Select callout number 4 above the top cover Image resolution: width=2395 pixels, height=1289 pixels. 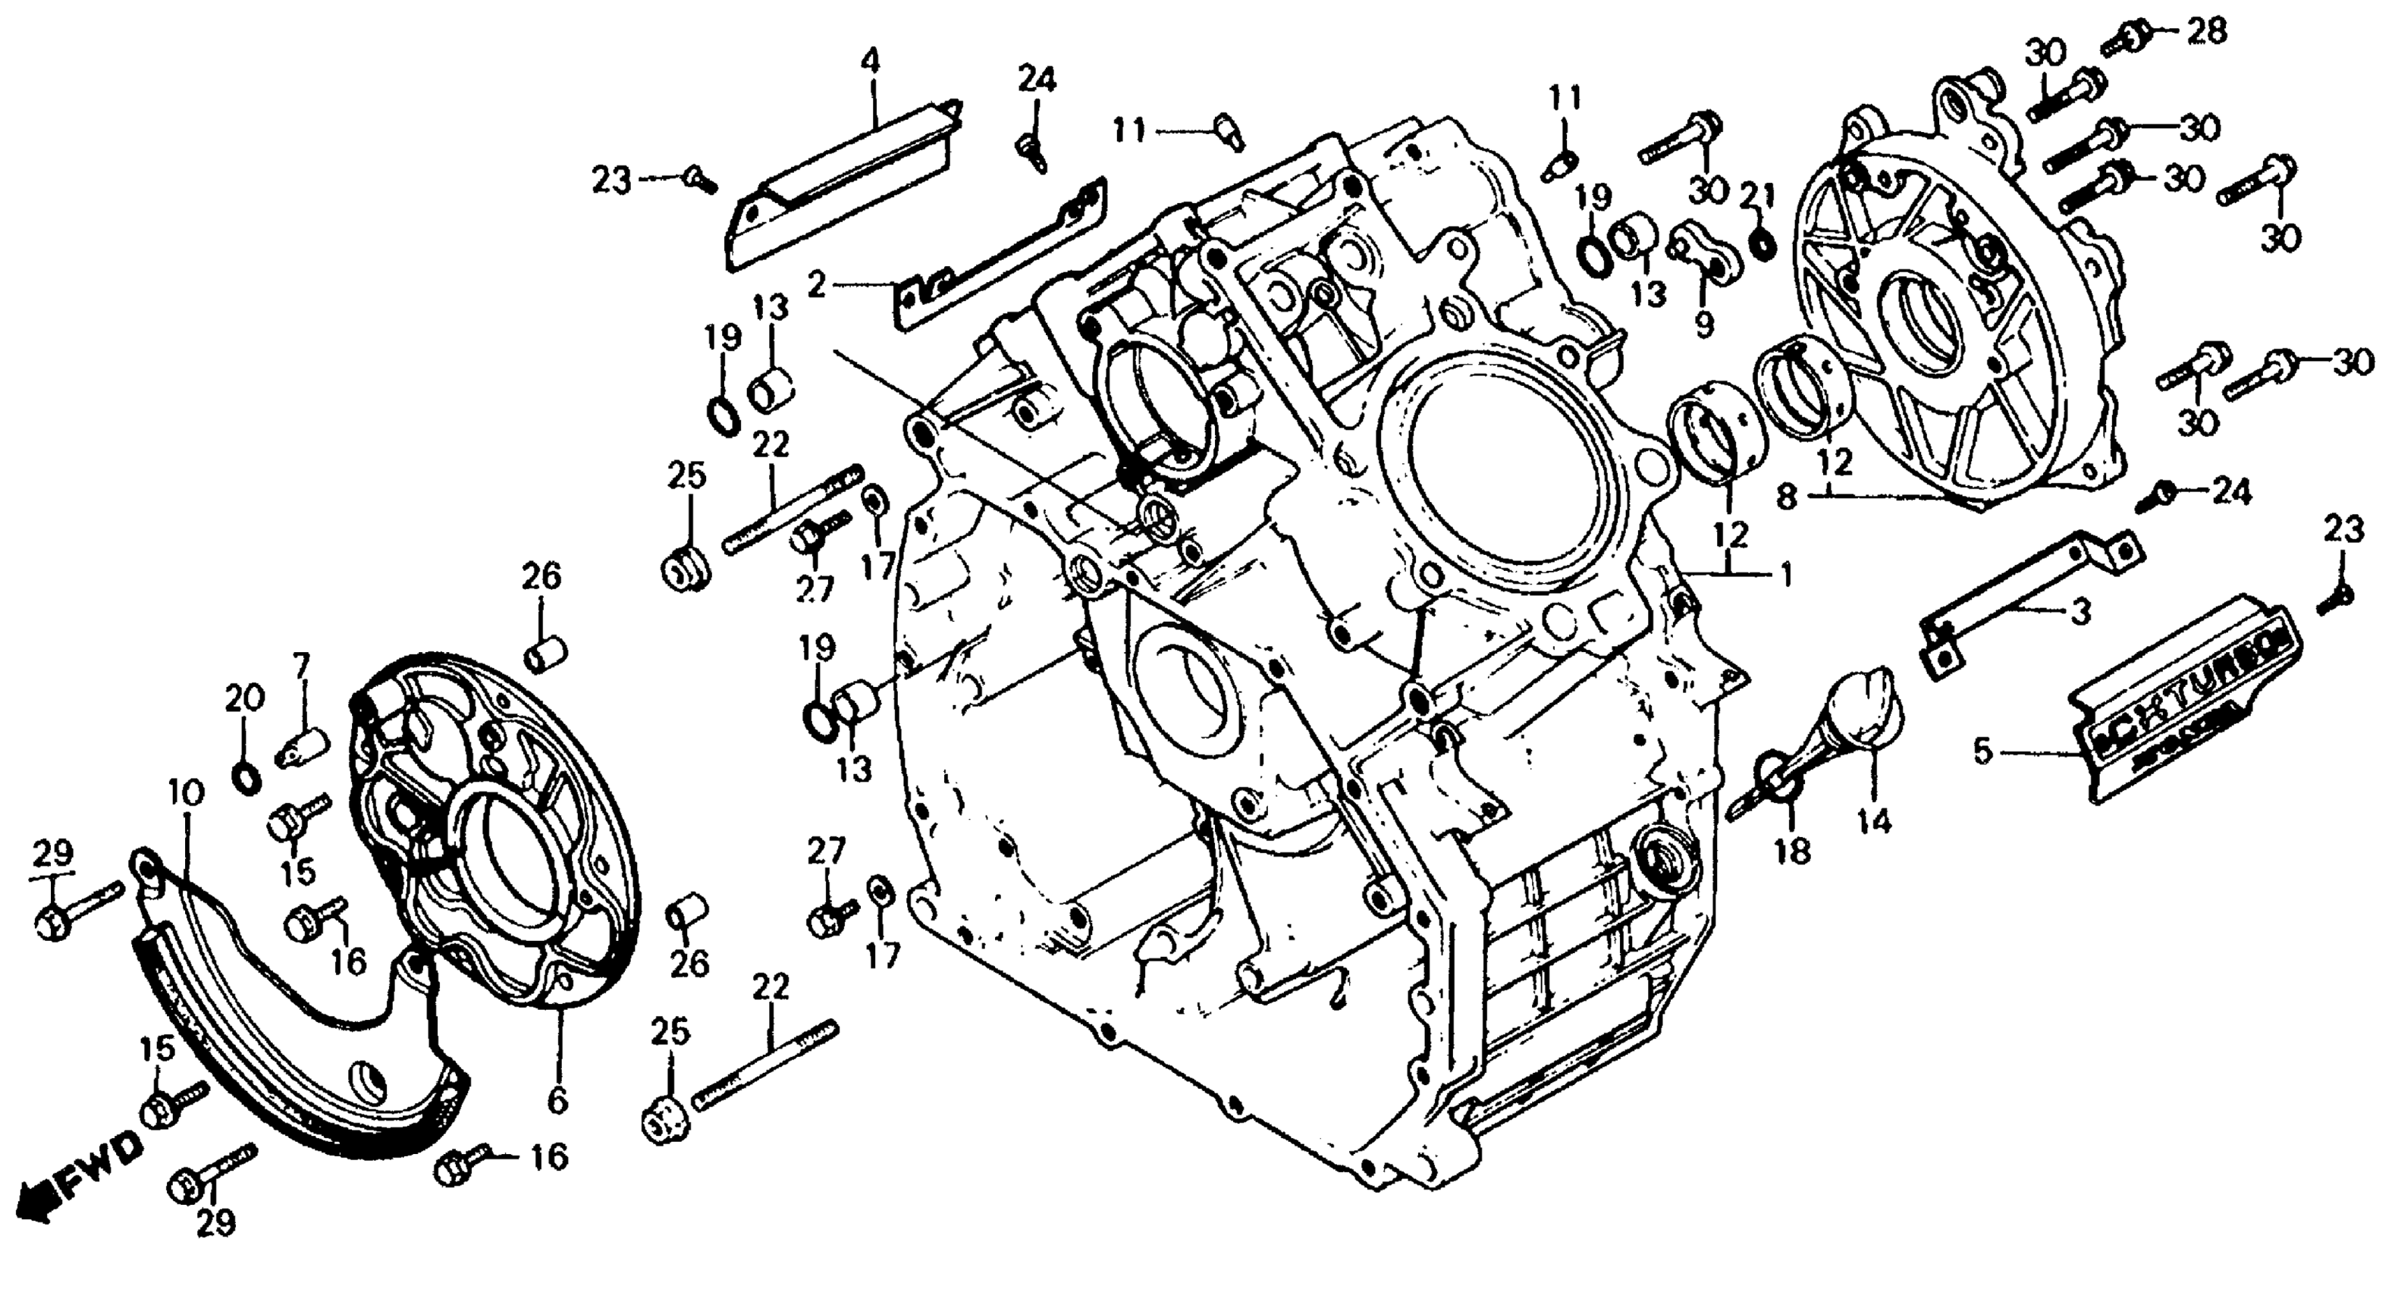(869, 63)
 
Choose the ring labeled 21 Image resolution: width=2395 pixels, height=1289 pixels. (1760, 244)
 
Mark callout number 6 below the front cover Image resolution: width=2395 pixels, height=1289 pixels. (557, 1101)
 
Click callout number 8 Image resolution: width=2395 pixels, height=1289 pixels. (1786, 497)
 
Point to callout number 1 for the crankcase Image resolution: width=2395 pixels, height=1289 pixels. (1785, 576)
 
